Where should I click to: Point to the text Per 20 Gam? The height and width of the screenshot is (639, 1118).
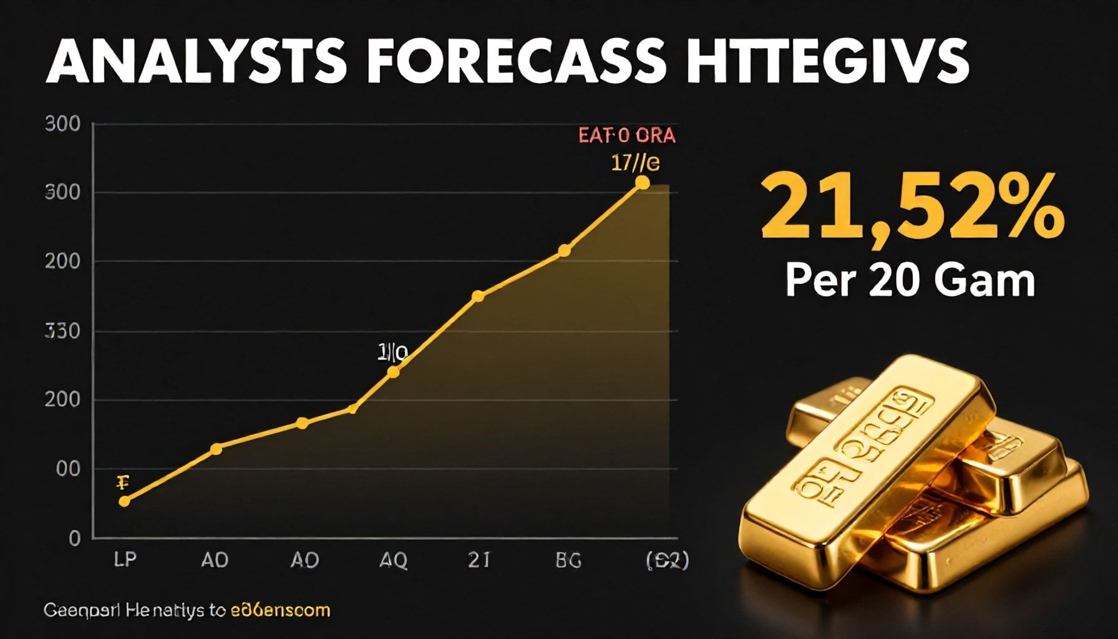tap(910, 281)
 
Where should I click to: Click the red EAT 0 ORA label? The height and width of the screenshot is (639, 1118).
tap(627, 135)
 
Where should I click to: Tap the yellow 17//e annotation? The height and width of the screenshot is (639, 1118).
tap(635, 163)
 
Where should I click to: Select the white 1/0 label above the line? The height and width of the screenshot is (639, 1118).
tap(392, 353)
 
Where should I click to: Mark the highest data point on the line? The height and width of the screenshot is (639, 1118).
tap(642, 182)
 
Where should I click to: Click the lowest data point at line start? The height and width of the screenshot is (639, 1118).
tap(124, 501)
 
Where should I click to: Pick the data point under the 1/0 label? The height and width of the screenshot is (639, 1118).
tap(393, 372)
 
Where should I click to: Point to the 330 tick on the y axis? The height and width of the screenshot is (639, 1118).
tap(63, 331)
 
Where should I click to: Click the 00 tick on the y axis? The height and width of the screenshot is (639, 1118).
tap(68, 469)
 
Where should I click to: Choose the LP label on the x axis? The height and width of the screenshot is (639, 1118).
tap(125, 560)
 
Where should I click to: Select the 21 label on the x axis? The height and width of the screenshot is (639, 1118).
tap(479, 560)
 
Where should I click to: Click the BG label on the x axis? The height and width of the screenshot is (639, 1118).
tap(568, 560)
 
